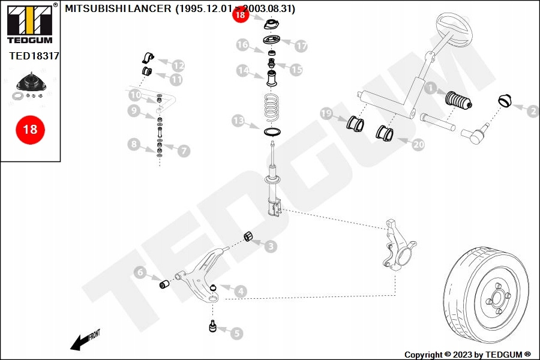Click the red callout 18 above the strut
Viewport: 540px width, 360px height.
tap(241, 16)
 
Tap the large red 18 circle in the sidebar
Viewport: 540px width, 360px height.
tap(30, 129)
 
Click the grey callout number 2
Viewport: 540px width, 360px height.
tap(532, 110)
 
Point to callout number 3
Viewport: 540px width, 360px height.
tap(271, 246)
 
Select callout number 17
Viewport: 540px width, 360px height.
tap(301, 46)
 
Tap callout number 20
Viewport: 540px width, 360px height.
tap(418, 144)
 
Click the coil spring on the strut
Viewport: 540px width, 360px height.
tap(273, 108)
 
